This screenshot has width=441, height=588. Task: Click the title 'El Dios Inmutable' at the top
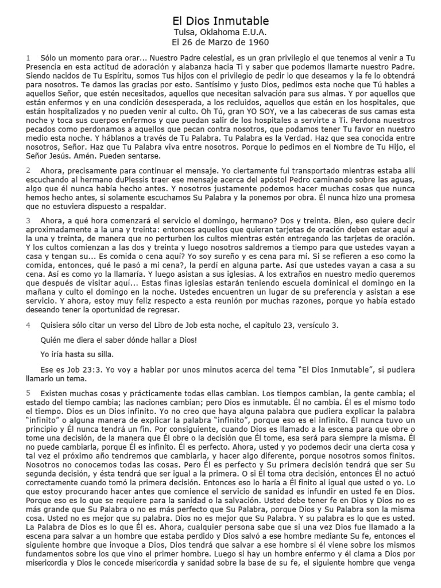tap(220, 21)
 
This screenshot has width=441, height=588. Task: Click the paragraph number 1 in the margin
tap(28, 58)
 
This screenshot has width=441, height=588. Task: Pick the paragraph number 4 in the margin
tap(28, 324)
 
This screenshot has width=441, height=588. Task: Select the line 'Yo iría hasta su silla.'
tap(81, 354)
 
